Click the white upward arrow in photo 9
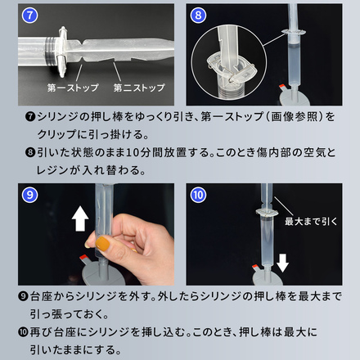[x=81, y=218]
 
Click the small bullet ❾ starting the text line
[x=22, y=295]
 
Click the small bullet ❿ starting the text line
[x=22, y=331]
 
